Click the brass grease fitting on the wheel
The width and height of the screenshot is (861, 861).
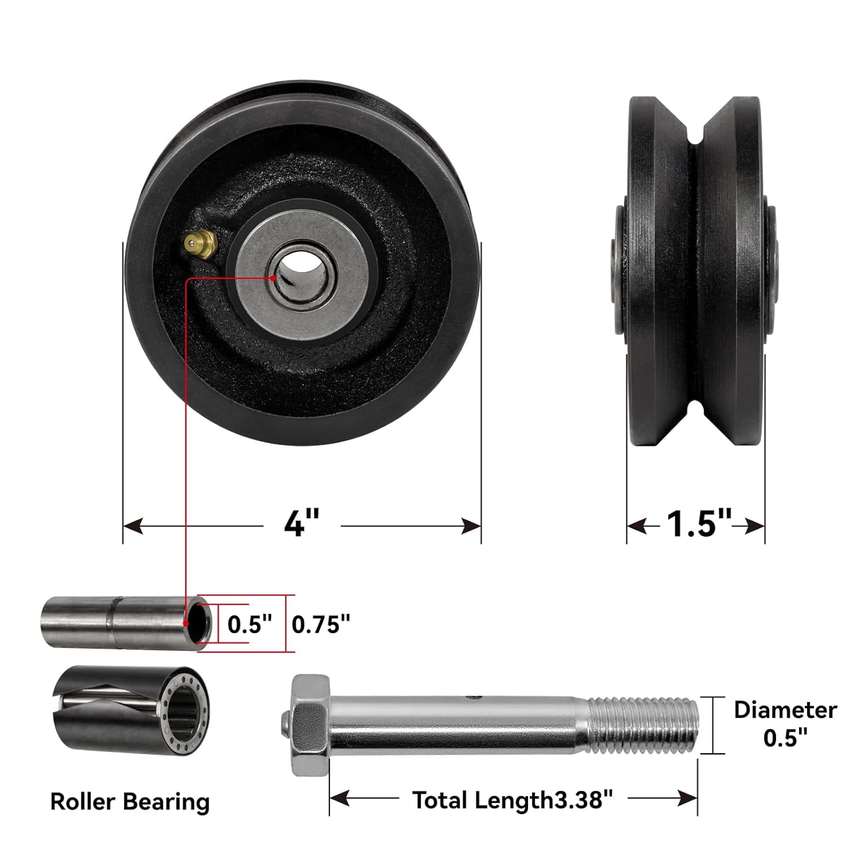(x=201, y=245)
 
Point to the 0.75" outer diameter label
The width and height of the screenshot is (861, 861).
(x=321, y=624)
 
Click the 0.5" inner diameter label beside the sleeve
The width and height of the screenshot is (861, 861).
(x=250, y=624)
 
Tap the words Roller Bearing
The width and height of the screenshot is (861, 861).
(x=130, y=801)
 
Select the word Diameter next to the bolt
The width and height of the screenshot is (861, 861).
(x=785, y=710)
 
